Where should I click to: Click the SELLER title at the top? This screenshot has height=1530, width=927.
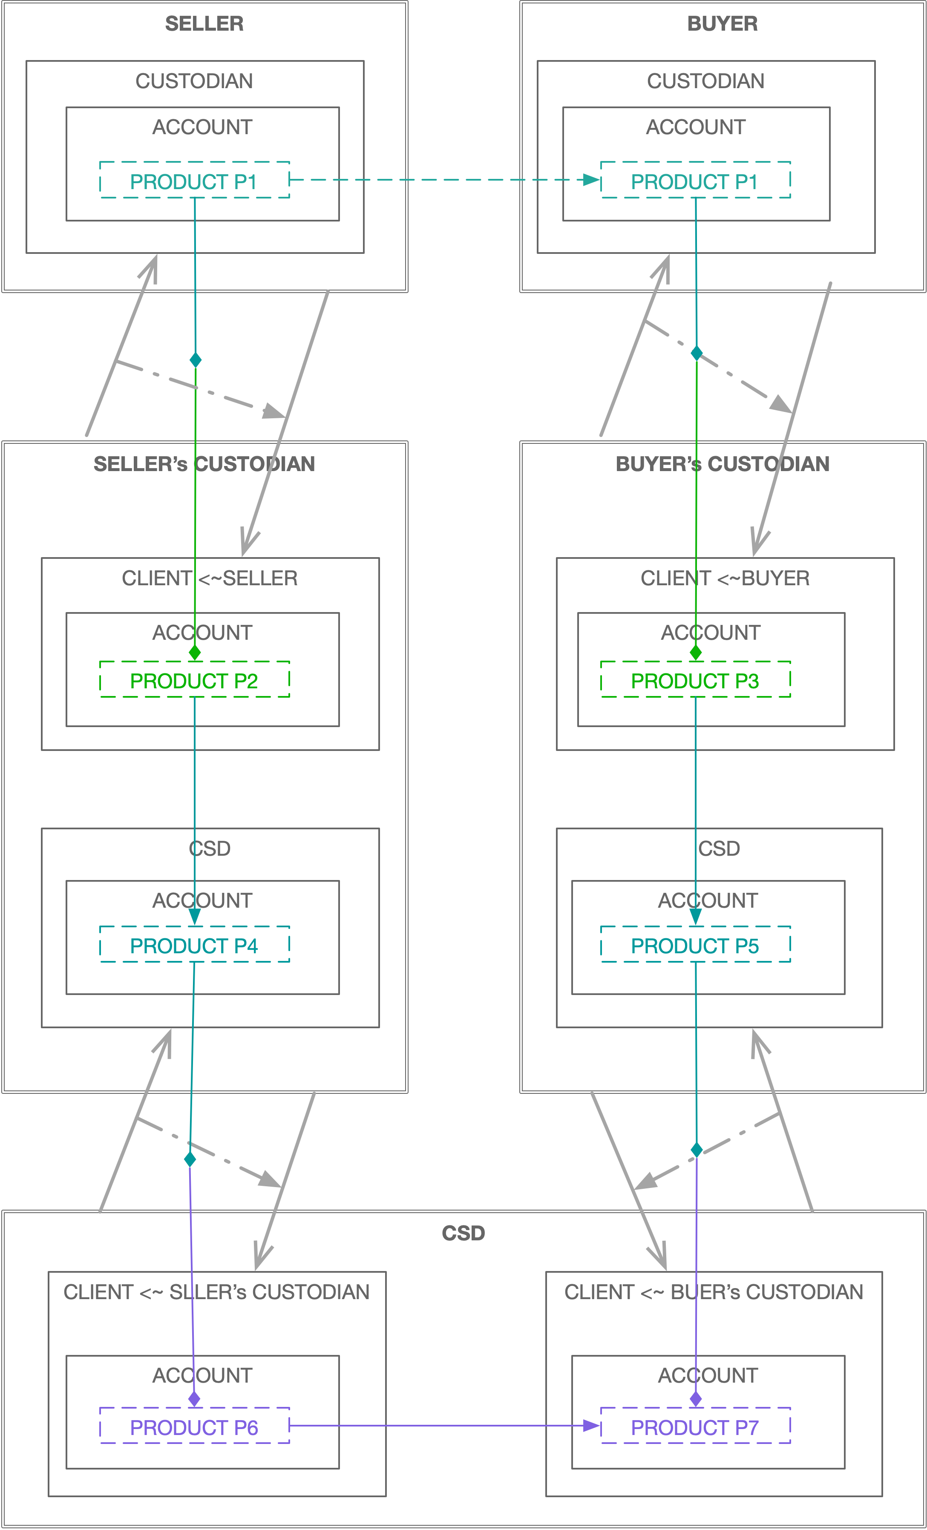click(204, 23)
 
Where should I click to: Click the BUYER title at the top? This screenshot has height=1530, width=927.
click(722, 23)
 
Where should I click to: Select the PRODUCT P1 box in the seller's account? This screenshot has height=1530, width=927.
click(194, 181)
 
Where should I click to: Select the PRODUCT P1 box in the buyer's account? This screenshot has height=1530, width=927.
click(695, 181)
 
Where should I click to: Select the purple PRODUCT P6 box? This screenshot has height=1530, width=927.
click(194, 1427)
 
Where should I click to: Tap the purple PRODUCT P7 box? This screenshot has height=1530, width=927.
click(695, 1427)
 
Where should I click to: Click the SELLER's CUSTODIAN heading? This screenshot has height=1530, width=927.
click(204, 464)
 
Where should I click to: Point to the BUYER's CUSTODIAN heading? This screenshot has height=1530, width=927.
click(722, 464)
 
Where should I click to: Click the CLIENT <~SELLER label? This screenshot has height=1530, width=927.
click(210, 578)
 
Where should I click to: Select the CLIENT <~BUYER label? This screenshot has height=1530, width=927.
click(725, 578)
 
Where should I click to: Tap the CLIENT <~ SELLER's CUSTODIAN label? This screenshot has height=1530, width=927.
click(217, 1291)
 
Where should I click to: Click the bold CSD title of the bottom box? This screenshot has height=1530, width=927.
click(463, 1233)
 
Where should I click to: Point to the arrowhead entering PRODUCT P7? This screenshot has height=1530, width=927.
click(592, 1426)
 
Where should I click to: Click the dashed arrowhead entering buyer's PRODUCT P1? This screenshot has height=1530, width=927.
click(592, 180)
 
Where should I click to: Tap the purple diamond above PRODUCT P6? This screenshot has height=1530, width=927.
click(194, 1399)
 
